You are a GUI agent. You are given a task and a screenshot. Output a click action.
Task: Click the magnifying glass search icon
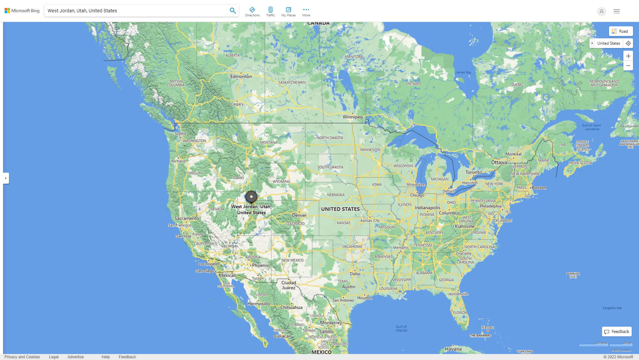pyautogui.click(x=233, y=11)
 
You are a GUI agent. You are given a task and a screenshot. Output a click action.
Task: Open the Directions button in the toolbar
pyautogui.click(x=252, y=12)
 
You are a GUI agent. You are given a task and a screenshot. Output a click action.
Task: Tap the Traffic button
pyautogui.click(x=271, y=12)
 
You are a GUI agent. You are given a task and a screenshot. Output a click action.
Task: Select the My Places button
pyautogui.click(x=288, y=12)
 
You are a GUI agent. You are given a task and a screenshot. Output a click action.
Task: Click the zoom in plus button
pyautogui.click(x=628, y=56)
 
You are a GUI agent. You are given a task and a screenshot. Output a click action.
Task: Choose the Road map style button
pyautogui.click(x=621, y=31)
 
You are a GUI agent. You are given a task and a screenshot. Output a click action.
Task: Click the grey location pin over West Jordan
pyautogui.click(x=251, y=197)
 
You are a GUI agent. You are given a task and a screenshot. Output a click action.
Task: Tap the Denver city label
pyautogui.click(x=299, y=215)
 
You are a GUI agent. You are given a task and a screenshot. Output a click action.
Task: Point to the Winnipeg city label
pyautogui.click(x=352, y=117)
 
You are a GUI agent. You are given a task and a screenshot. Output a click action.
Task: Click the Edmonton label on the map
pyautogui.click(x=241, y=76)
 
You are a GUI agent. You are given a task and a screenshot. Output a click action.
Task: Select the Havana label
pyautogui.click(x=453, y=349)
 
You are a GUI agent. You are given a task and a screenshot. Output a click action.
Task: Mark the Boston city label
pyautogui.click(x=539, y=188)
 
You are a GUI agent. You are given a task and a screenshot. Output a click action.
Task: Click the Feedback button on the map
pyautogui.click(x=617, y=332)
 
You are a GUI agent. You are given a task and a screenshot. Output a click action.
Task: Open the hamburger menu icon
pyautogui.click(x=617, y=11)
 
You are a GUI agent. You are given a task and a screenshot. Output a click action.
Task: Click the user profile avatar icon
pyautogui.click(x=601, y=11)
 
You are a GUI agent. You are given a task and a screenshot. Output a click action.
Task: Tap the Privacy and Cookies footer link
pyautogui.click(x=22, y=357)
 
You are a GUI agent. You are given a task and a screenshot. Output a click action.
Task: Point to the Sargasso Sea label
pyautogui.click(x=612, y=308)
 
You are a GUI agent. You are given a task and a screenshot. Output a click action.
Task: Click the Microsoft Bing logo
pyautogui.click(x=22, y=11)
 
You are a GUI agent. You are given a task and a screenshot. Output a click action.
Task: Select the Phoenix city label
pyautogui.click(x=260, y=266)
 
